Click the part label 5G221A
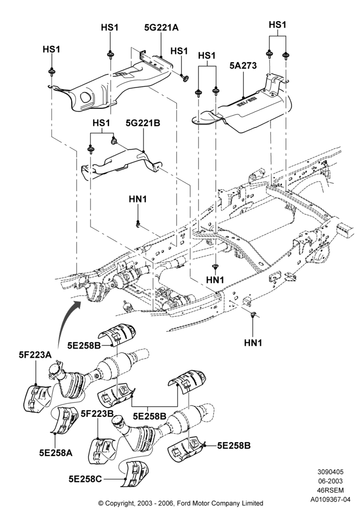161,28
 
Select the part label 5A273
243,66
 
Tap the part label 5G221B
143,123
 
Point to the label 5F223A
35,355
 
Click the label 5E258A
56,453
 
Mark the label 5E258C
85,479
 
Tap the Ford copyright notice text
181,503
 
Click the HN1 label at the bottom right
253,343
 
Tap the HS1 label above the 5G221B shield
101,123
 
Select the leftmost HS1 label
51,49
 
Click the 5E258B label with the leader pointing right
234,446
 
